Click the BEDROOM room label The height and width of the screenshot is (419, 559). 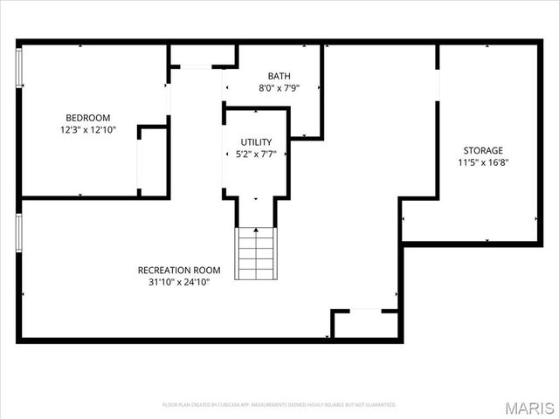point(87,118)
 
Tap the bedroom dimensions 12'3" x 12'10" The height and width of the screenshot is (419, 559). point(87,130)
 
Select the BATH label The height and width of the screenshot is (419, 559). point(279,76)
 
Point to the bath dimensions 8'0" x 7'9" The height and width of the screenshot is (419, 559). point(279,88)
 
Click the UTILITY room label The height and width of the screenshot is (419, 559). point(256,142)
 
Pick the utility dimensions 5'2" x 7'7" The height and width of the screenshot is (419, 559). point(256,155)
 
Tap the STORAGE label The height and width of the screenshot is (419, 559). point(483,150)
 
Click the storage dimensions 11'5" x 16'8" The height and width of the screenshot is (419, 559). point(483,162)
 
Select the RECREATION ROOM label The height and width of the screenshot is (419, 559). point(179,270)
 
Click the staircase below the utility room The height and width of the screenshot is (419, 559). point(256,253)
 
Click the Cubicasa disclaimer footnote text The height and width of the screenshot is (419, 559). point(279,405)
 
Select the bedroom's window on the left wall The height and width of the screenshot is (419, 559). point(19,65)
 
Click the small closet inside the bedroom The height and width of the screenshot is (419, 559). point(153,161)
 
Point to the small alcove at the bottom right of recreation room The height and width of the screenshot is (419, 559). point(365,324)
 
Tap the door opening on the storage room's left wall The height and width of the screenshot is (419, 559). point(437,87)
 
